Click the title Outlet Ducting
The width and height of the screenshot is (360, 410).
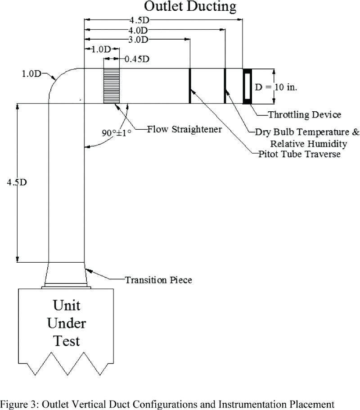[189, 7]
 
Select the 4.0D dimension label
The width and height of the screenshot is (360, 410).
[138, 30]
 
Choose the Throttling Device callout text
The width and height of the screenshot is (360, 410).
[305, 114]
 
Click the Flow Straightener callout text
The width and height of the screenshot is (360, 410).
[184, 129]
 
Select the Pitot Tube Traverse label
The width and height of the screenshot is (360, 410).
[299, 154]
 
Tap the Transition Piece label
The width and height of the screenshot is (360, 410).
[158, 280]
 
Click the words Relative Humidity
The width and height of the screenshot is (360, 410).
[308, 144]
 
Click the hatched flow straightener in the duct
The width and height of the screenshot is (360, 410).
[112, 86]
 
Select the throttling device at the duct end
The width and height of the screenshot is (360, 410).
[247, 86]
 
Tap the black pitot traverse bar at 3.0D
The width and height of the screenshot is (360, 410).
[189, 86]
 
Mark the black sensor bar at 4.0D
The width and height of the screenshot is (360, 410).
[225, 86]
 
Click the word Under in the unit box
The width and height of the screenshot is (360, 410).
[67, 323]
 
